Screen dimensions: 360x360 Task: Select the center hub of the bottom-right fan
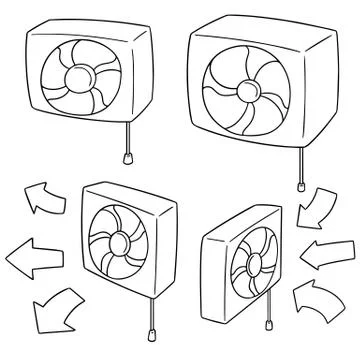(240, 271)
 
